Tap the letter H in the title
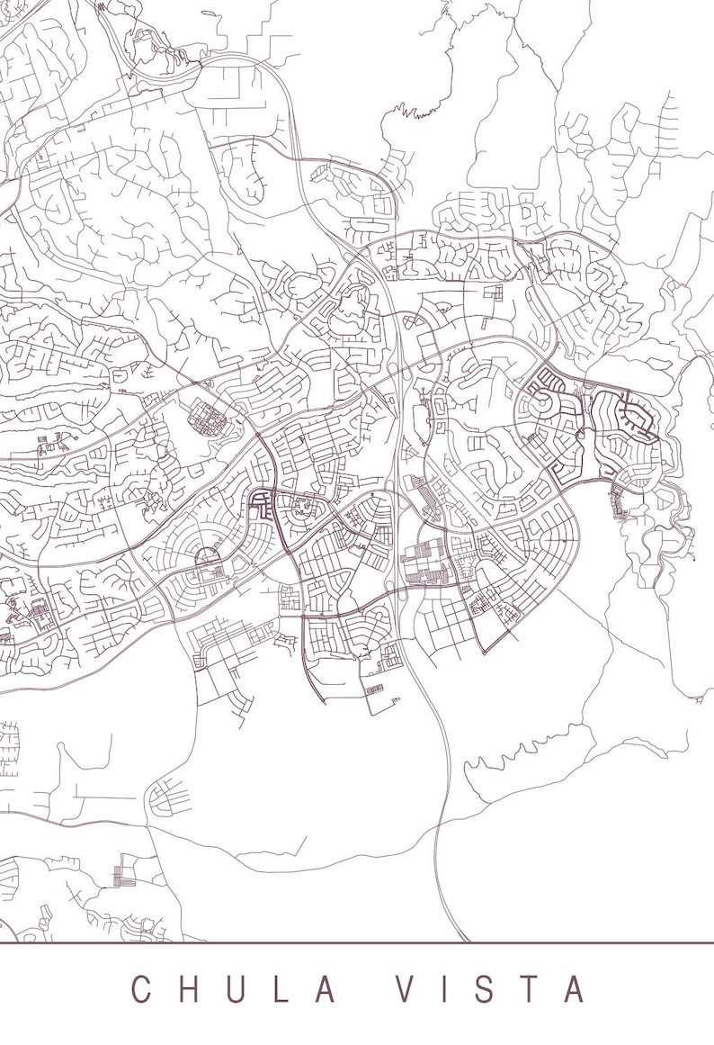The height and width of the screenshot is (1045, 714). tap(192, 988)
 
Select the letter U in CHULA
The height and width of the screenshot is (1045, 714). tap(241, 988)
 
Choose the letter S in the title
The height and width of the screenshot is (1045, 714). tap(481, 988)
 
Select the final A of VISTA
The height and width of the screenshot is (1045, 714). tap(573, 988)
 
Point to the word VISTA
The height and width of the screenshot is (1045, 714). tap(489, 988)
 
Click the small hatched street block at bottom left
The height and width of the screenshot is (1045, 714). tap(123, 875)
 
